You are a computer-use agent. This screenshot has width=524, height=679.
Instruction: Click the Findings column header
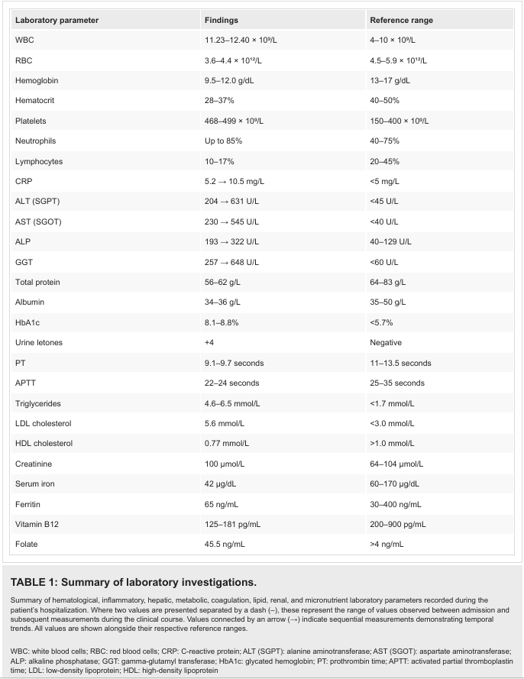222,21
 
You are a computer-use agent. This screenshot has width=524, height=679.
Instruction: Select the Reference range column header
402,21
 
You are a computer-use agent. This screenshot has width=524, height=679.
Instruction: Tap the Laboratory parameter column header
57,21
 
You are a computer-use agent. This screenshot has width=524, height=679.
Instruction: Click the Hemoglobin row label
37,80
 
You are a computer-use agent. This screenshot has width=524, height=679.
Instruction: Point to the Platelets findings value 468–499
234,121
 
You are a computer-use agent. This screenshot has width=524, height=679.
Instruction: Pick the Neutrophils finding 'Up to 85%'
224,141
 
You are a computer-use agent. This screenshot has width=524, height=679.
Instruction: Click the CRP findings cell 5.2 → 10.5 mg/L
235,182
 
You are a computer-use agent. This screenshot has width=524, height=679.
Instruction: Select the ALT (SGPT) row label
37,202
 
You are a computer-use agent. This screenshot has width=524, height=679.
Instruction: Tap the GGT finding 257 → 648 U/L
231,262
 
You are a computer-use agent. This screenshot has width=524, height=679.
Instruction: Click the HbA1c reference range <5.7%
381,322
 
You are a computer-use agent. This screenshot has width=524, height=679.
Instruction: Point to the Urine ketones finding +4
209,342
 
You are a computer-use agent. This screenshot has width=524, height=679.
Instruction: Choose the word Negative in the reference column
386,342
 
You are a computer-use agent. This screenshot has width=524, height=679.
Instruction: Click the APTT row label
25,383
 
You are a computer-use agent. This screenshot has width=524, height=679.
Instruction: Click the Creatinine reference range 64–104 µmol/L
396,464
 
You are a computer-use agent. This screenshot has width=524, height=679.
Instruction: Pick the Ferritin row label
27,504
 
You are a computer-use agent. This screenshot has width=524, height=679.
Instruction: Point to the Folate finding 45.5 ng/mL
225,545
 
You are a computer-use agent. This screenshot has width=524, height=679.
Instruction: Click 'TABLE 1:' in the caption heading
34,582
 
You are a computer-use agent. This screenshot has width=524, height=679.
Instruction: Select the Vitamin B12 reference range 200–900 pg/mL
398,525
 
